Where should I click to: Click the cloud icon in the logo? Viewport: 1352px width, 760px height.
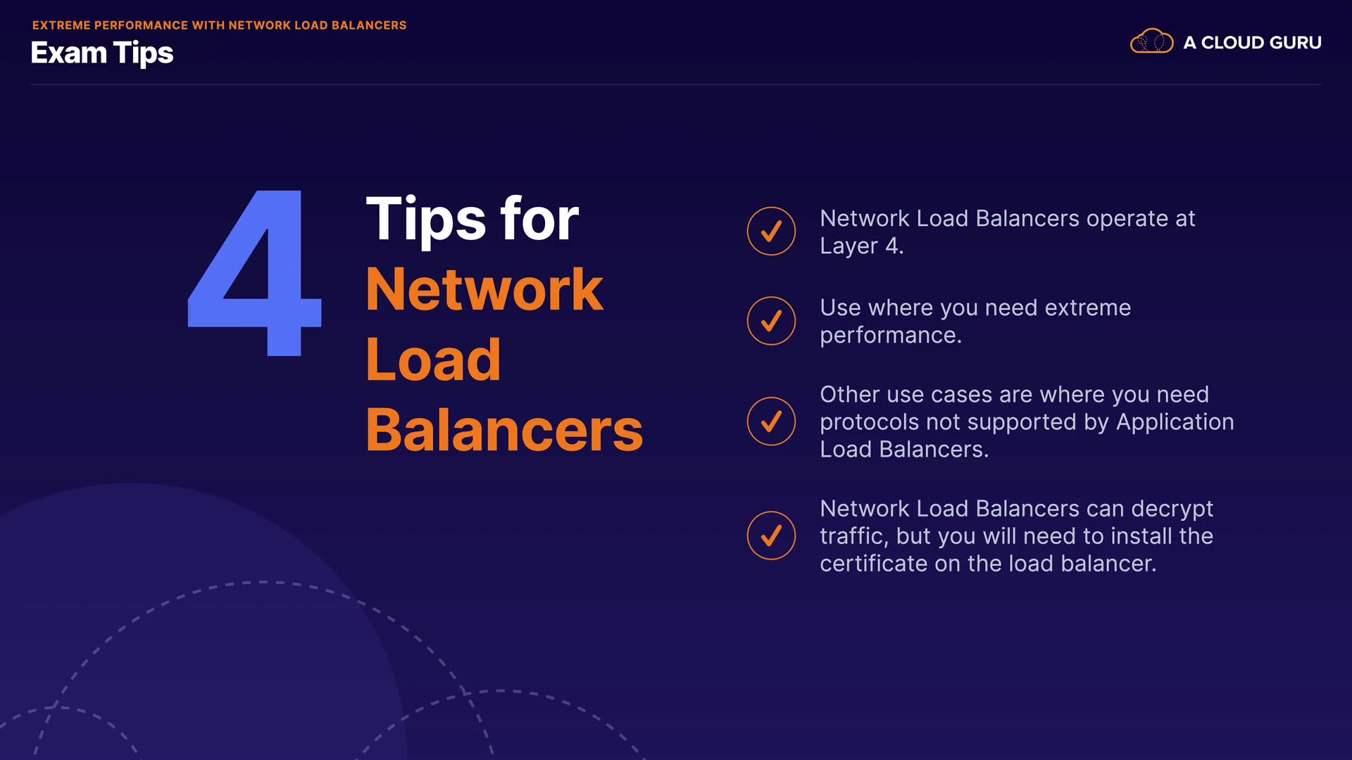tap(1151, 42)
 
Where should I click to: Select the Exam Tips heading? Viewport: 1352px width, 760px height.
tap(102, 53)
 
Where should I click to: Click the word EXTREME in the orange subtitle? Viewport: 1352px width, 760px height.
tap(61, 25)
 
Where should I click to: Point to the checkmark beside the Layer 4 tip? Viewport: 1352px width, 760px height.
tap(771, 231)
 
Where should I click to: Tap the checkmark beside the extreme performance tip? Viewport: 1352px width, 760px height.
tap(771, 321)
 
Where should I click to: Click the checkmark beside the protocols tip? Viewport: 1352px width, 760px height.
tap(771, 422)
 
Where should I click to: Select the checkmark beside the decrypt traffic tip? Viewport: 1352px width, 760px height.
tap(771, 536)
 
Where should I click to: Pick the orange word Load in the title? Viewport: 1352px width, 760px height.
tap(433, 360)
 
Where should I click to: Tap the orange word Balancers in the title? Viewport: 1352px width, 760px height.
tap(504, 430)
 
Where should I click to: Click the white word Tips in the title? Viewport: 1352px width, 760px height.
tap(426, 220)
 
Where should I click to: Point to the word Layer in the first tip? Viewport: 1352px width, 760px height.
tap(849, 246)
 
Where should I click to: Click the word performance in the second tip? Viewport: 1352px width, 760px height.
tap(890, 336)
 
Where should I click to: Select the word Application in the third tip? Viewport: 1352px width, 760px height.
tap(1175, 422)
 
